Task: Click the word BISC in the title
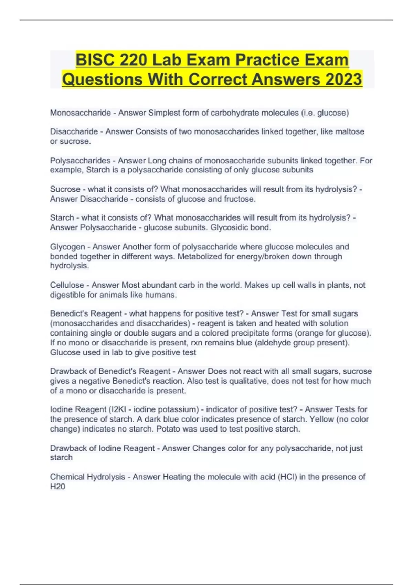pos(94,60)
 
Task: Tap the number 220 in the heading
pos(133,60)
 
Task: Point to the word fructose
pos(240,199)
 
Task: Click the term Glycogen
pos(67,247)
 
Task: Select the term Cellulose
pos(67,285)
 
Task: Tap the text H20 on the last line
pos(57,486)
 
